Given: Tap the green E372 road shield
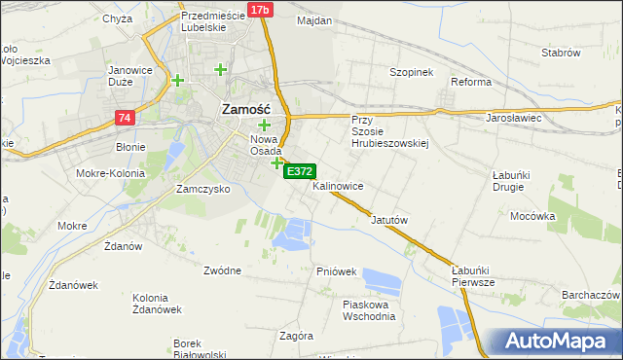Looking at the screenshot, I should point(299,171).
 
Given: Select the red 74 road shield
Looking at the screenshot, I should point(124,118).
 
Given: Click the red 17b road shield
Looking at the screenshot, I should point(258,10).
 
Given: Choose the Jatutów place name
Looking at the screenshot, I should point(387,220).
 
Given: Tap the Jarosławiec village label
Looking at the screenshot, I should point(513,118).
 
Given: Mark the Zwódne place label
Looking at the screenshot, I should point(223,270).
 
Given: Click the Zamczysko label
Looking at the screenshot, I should point(202,189).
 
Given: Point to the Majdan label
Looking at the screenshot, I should point(313,20).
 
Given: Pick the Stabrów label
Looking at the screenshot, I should point(561,52).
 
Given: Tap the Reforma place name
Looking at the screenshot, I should point(470,82).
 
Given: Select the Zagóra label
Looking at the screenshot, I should point(295,336).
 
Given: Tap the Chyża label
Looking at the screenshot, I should point(117,18).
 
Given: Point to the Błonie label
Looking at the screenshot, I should point(130,147).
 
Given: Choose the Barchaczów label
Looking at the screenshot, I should point(591,295).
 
